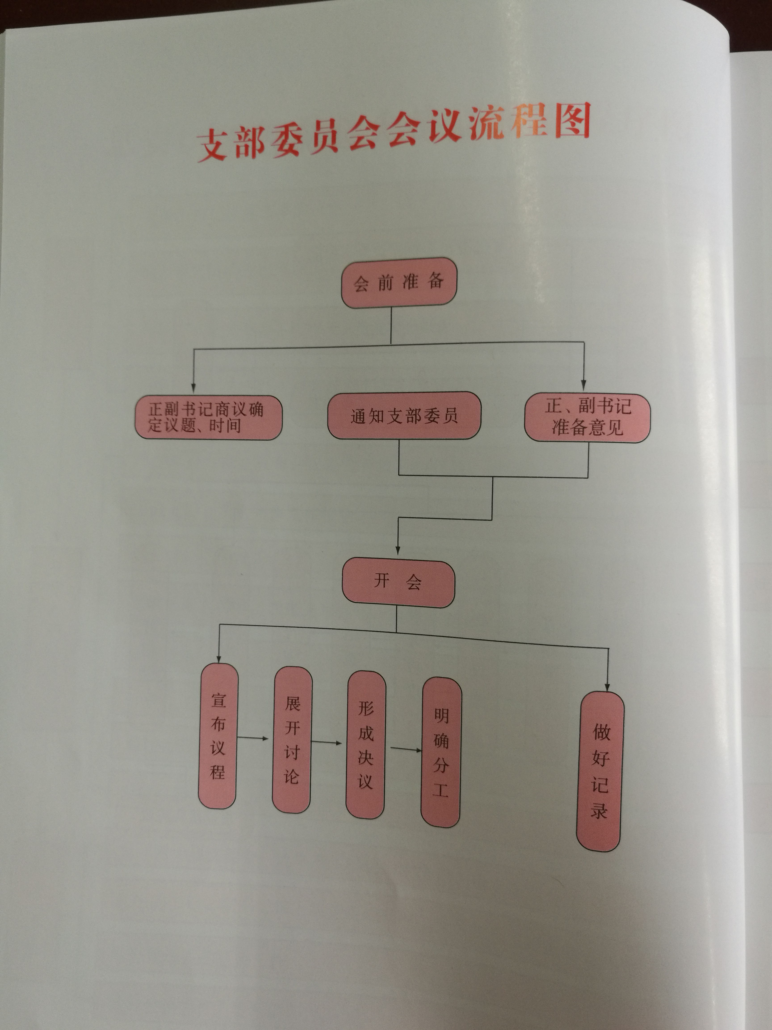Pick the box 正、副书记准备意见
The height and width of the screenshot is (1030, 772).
point(587,418)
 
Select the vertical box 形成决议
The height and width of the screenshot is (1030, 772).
point(366,745)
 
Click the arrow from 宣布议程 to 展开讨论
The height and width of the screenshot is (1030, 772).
point(254,738)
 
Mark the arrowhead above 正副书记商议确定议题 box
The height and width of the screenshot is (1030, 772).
point(193,388)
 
